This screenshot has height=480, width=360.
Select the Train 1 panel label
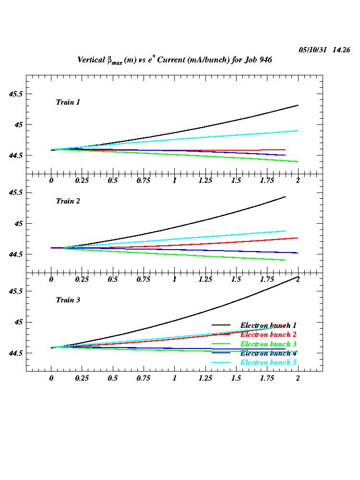tap(68, 102)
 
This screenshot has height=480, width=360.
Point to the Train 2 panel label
tap(68, 201)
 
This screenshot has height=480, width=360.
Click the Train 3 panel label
tap(68, 300)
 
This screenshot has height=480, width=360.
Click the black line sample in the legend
tap(222, 325)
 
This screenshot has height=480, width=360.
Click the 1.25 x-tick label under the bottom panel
tap(205, 378)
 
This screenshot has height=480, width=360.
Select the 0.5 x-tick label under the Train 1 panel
tap(113, 180)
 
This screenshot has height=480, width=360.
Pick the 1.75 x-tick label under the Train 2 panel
tap(267, 279)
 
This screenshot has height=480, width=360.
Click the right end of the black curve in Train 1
tap(298, 105)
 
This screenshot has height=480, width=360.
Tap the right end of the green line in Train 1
tap(298, 162)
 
